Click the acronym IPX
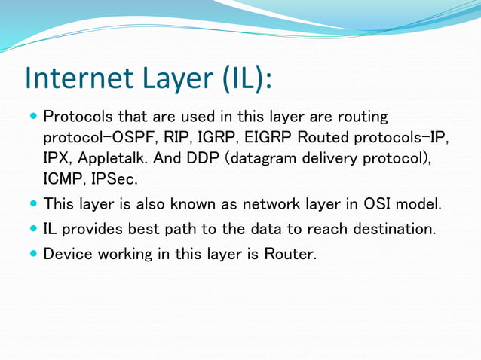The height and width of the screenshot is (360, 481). pos(58,159)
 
